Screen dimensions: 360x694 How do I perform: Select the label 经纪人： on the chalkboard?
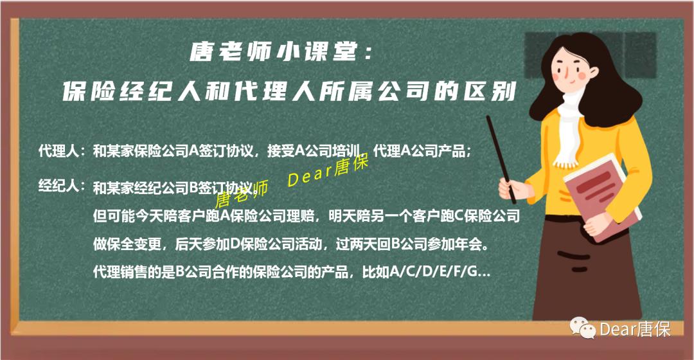[62, 187]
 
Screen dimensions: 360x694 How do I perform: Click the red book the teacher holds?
[601, 199]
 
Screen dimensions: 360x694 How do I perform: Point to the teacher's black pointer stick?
[499, 152]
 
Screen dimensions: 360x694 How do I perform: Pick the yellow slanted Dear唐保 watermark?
[327, 172]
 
